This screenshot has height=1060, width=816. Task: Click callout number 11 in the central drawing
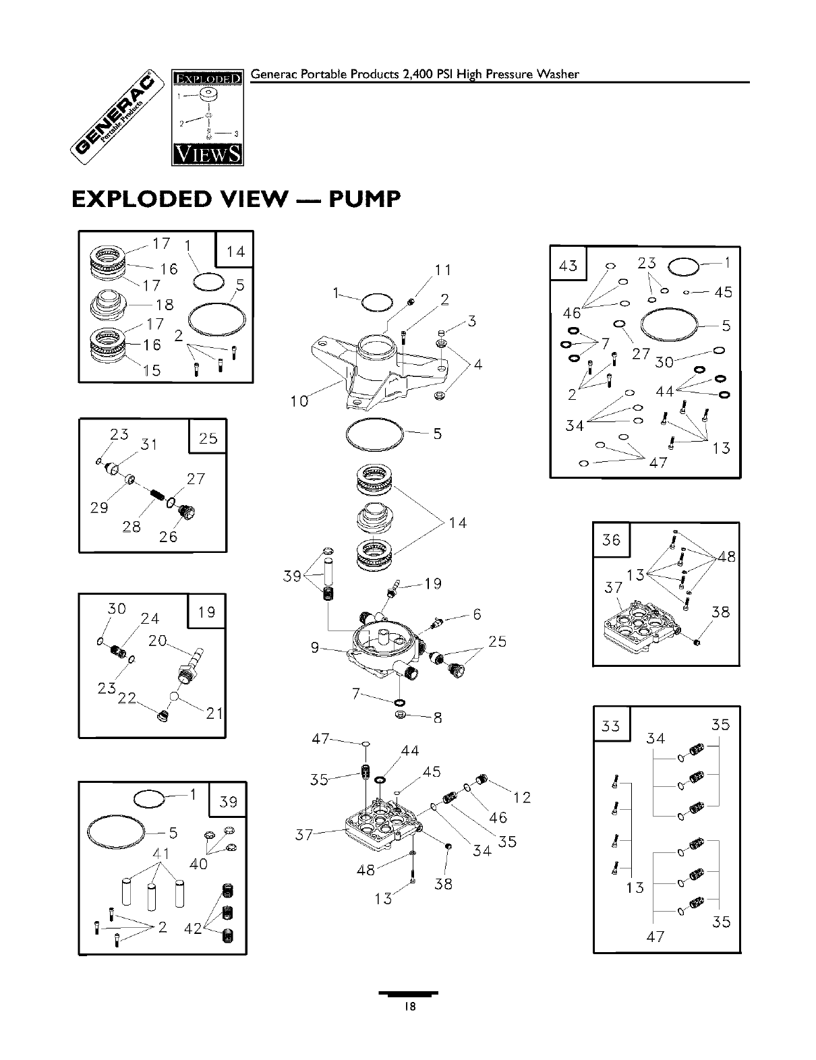[x=442, y=270]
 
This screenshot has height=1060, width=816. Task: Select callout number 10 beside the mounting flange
[x=299, y=401]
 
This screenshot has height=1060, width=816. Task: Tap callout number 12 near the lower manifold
[x=522, y=798]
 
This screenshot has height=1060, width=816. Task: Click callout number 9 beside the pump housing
[x=315, y=648]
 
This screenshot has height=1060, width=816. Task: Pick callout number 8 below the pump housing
[x=438, y=718]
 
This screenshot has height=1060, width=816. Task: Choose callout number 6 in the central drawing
[x=477, y=614]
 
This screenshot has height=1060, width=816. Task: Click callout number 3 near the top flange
[x=472, y=321]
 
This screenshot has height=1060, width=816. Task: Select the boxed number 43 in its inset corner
[x=569, y=265]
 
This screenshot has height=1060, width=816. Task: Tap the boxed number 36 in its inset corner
[x=611, y=540]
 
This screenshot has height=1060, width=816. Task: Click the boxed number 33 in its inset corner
[x=611, y=726]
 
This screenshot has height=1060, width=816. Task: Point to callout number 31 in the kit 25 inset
[x=148, y=445]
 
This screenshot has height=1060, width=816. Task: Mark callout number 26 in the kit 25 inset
[x=168, y=537]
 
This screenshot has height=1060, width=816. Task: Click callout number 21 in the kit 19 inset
[x=214, y=713]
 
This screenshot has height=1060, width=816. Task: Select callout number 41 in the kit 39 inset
[x=160, y=853]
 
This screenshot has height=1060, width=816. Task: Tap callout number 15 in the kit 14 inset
[x=152, y=370]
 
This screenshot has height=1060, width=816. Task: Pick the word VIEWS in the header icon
[x=207, y=155]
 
